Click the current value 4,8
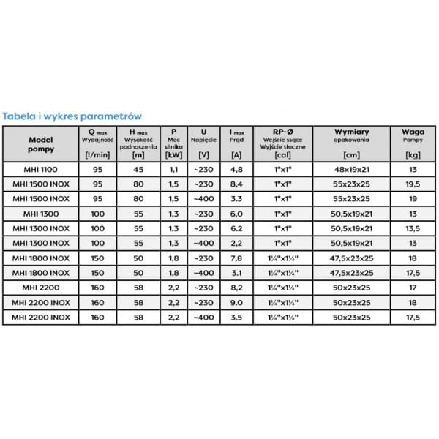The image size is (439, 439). click(x=236, y=168)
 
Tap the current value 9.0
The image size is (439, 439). click(x=236, y=303)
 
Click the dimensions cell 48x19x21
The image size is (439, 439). click(x=351, y=168)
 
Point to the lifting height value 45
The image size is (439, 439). click(x=137, y=168)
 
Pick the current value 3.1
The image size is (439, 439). click(x=236, y=273)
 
